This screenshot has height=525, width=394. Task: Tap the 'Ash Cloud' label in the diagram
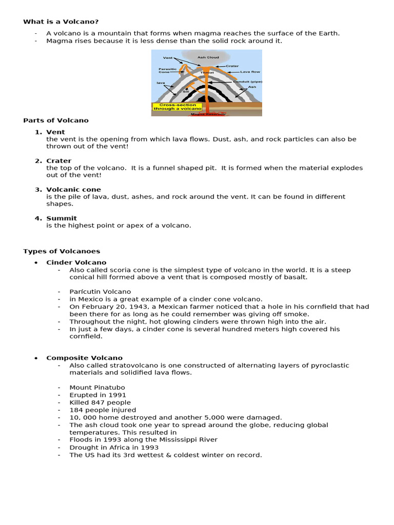pos(205,57)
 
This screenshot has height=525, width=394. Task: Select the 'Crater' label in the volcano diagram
pos(232,66)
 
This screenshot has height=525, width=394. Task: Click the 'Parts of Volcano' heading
pos(56,120)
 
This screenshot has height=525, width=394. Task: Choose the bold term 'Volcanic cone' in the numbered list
pos(73,190)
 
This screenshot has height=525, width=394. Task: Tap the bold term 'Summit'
pos(62,218)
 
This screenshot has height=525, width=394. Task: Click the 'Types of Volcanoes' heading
pos(62,251)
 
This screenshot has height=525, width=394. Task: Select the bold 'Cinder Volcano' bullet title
pos(76,262)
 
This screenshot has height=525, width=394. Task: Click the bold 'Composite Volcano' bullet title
pos(84,358)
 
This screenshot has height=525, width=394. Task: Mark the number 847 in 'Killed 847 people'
pos(96,402)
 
